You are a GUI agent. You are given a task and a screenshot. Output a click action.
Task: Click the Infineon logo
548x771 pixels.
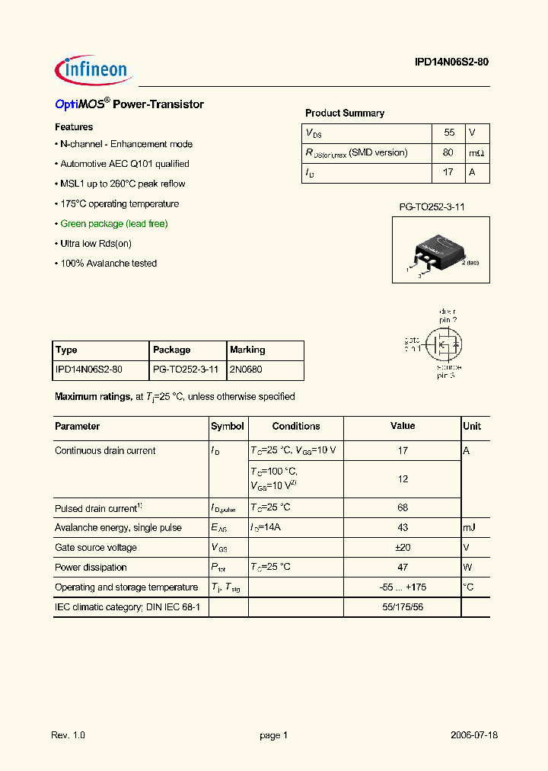tap(94, 71)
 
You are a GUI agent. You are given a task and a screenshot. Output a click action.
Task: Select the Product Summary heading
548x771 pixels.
tap(345, 113)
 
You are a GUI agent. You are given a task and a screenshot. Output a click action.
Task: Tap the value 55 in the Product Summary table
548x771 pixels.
tap(449, 133)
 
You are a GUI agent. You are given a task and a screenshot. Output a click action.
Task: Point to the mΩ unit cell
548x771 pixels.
tap(476, 152)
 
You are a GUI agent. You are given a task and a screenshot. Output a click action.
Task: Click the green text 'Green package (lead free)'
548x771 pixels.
tap(113, 224)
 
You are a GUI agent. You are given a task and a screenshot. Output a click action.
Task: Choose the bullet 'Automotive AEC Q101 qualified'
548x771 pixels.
tap(124, 164)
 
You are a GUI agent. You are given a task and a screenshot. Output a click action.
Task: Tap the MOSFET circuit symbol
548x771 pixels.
tap(441, 344)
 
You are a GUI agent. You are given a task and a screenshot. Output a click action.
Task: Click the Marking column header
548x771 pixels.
tap(247, 350)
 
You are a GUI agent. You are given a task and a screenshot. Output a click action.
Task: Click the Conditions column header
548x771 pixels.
tap(296, 427)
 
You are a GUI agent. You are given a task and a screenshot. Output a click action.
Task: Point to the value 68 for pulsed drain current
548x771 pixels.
tap(403, 507)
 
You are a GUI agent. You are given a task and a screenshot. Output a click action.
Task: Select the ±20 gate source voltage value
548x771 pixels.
tap(403, 548)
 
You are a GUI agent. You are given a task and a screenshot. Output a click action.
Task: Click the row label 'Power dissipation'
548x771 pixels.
tap(91, 568)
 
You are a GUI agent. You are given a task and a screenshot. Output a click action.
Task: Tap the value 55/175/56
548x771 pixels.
tap(403, 607)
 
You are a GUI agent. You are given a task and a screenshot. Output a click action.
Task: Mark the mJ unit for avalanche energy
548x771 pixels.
tap(470, 528)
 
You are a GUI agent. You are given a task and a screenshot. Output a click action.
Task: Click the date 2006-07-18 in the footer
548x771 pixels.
tap(473, 735)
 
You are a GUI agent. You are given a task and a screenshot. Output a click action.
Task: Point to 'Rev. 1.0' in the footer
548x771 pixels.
tap(68, 735)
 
